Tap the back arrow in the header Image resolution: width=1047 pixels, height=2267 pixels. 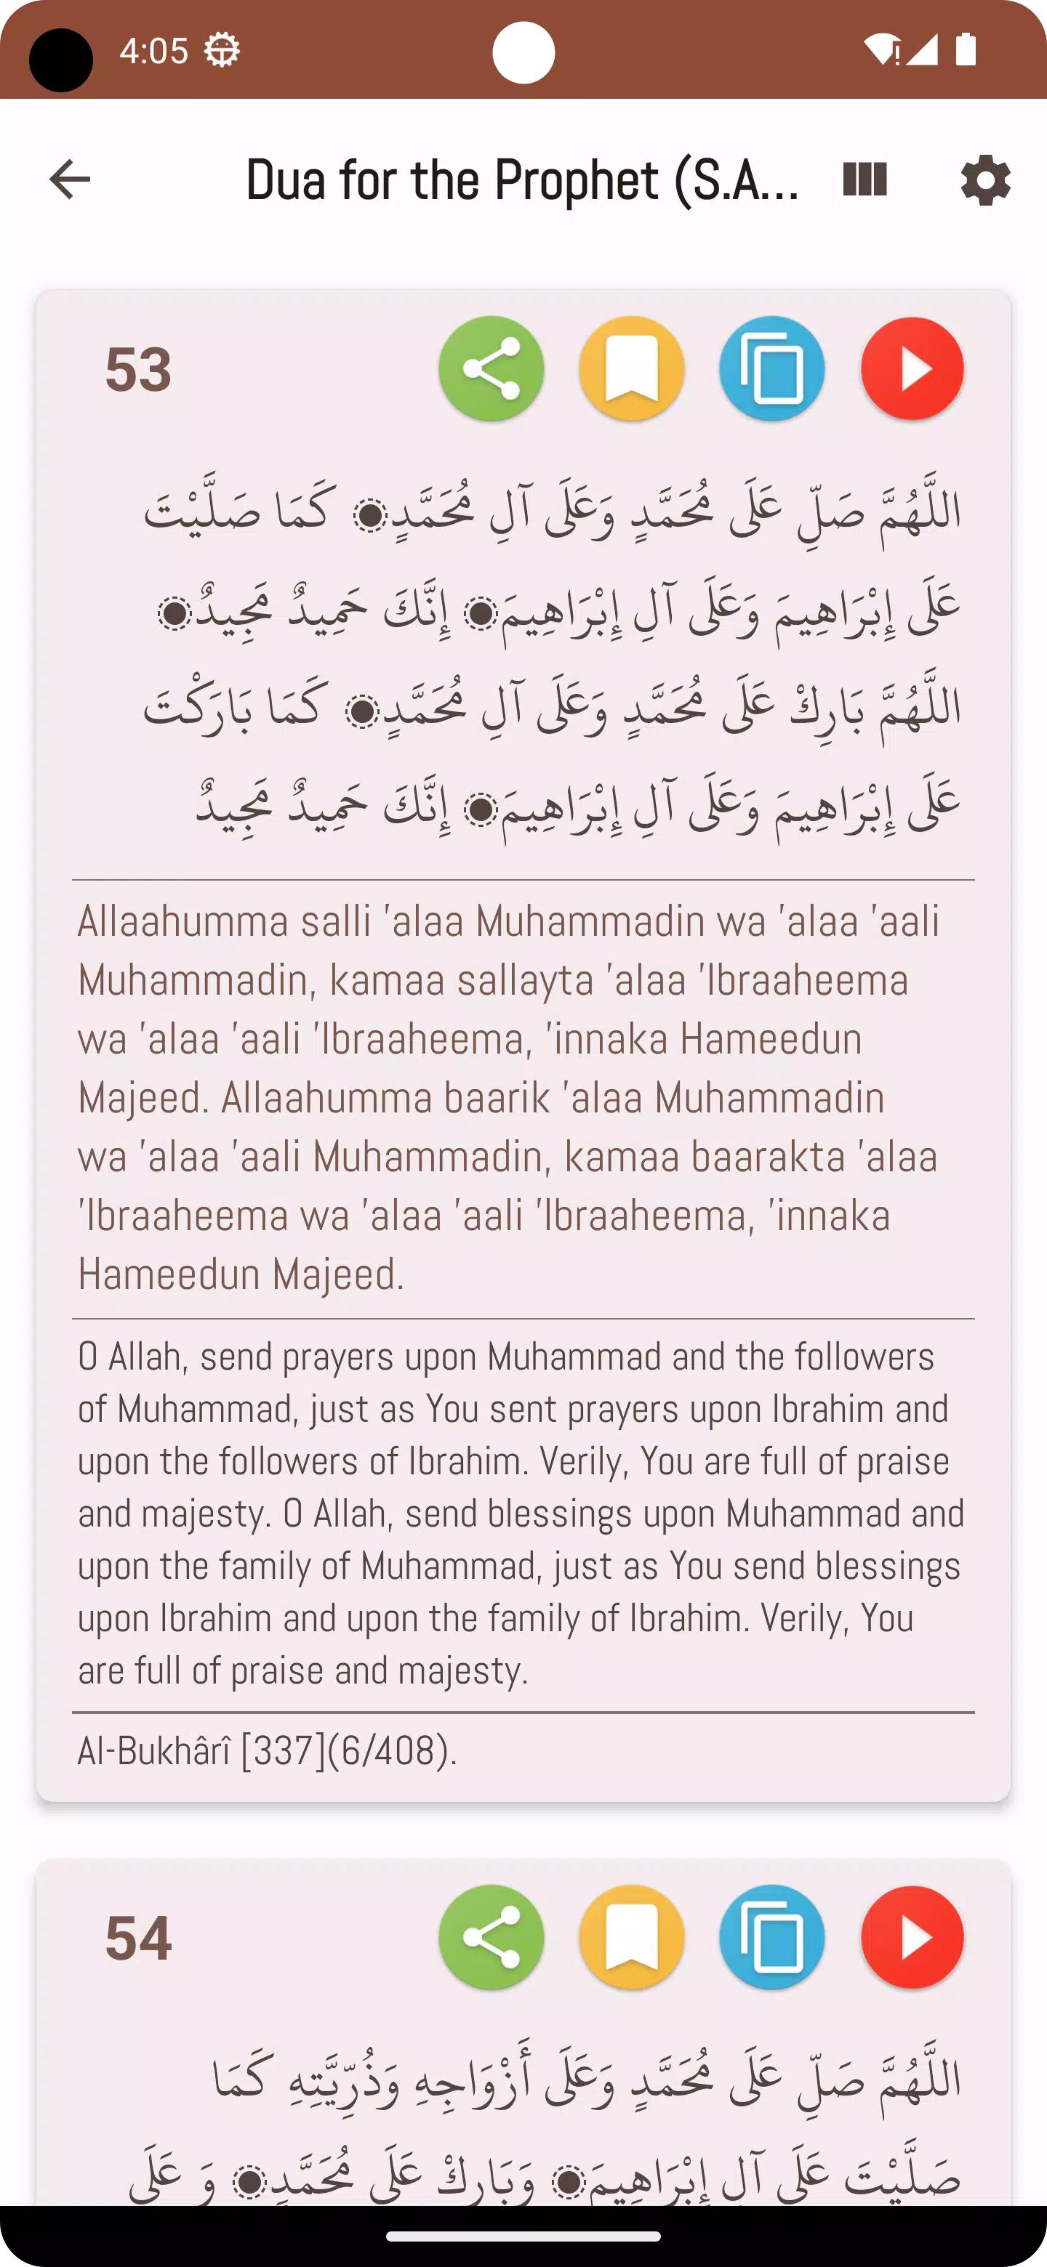click(70, 179)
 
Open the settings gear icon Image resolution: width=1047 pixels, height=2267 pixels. click(985, 180)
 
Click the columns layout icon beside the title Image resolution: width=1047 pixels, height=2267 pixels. click(865, 179)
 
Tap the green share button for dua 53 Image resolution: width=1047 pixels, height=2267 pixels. click(492, 368)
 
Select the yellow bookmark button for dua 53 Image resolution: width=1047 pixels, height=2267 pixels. click(631, 368)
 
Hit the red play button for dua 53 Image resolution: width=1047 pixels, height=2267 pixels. click(912, 368)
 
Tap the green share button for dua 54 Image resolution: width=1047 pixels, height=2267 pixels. click(492, 1937)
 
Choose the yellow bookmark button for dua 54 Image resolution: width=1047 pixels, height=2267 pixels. click(631, 1937)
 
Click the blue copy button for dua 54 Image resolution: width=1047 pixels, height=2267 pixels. click(772, 1937)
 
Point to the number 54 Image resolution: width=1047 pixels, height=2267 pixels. click(138, 1938)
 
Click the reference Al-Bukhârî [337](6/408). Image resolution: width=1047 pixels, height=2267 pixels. click(268, 1750)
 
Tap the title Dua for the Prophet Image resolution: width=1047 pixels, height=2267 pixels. click(521, 180)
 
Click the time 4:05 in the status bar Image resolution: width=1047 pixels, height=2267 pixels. click(153, 51)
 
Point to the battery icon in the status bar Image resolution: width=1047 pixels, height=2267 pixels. click(966, 50)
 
